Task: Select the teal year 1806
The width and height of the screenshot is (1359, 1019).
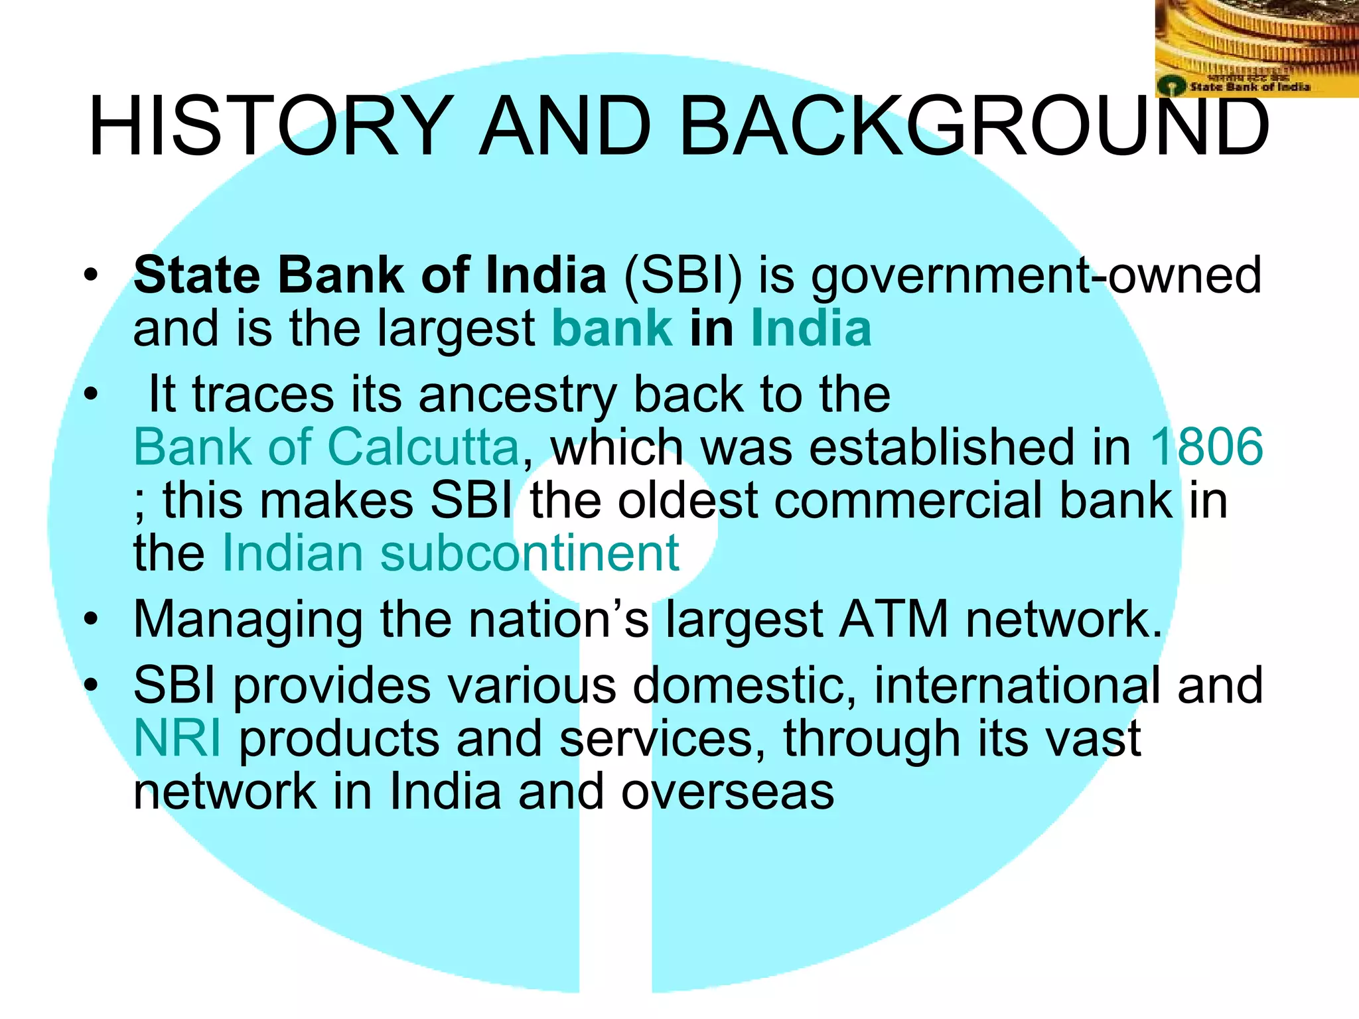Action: [x=1206, y=447]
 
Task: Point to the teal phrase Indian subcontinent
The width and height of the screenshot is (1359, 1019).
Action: [x=450, y=553]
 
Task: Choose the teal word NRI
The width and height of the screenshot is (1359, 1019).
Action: [x=177, y=739]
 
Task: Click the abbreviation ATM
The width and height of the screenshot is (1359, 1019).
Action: [x=893, y=620]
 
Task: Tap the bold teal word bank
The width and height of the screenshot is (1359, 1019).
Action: [x=612, y=328]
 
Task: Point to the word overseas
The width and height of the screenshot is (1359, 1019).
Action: [x=727, y=792]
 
